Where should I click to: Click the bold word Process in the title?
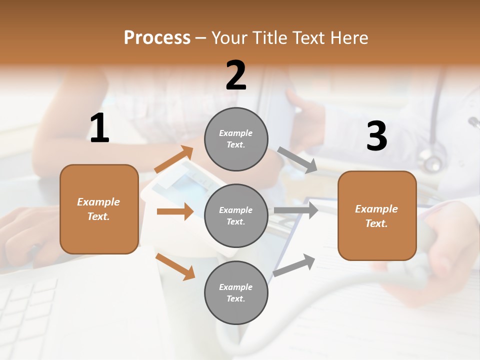pyautogui.click(x=157, y=37)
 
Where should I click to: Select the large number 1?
pyautogui.click(x=99, y=128)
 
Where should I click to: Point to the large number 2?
pyautogui.click(x=236, y=75)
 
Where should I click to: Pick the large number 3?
pyautogui.click(x=377, y=136)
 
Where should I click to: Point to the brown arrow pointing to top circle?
pyautogui.click(x=174, y=159)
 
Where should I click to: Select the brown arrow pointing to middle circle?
pyautogui.click(x=175, y=211)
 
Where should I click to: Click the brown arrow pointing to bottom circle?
pyautogui.click(x=175, y=266)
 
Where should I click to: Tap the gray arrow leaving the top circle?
pyautogui.click(x=297, y=159)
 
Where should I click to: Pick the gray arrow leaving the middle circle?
pyautogui.click(x=295, y=210)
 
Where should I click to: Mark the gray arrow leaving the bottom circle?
pyautogui.click(x=294, y=265)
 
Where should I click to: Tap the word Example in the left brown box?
pyautogui.click(x=98, y=202)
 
